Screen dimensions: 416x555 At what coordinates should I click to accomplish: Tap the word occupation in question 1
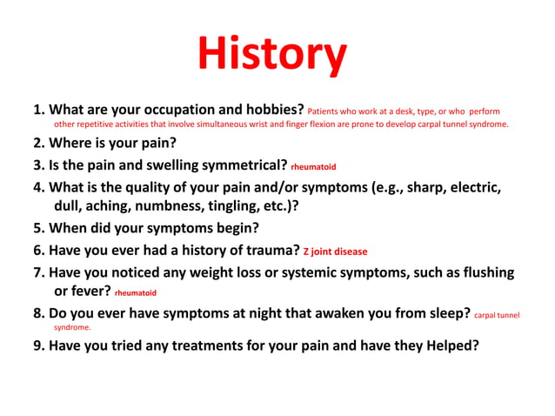click(160, 111)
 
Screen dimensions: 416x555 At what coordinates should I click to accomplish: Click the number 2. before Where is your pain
click(39, 143)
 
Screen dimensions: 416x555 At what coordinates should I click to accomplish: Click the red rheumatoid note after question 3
click(313, 166)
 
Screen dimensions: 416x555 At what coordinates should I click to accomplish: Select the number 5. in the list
click(39, 229)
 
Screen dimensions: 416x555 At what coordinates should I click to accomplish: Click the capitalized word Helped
click(451, 345)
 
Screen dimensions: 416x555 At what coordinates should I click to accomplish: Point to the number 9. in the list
click(39, 345)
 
